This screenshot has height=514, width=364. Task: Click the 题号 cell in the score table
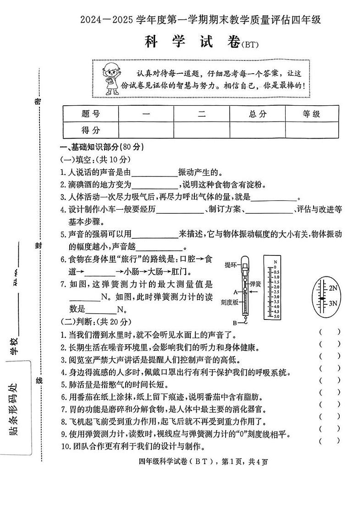point(90,114)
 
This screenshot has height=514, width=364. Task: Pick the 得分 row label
point(90,130)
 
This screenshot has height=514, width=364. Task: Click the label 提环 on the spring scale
point(231,265)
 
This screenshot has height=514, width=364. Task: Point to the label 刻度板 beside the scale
point(229,302)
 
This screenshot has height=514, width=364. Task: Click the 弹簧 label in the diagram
point(255,284)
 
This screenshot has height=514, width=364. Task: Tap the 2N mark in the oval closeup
point(333,288)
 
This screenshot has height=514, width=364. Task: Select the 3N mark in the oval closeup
point(333,303)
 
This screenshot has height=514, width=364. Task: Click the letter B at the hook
point(234,322)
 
